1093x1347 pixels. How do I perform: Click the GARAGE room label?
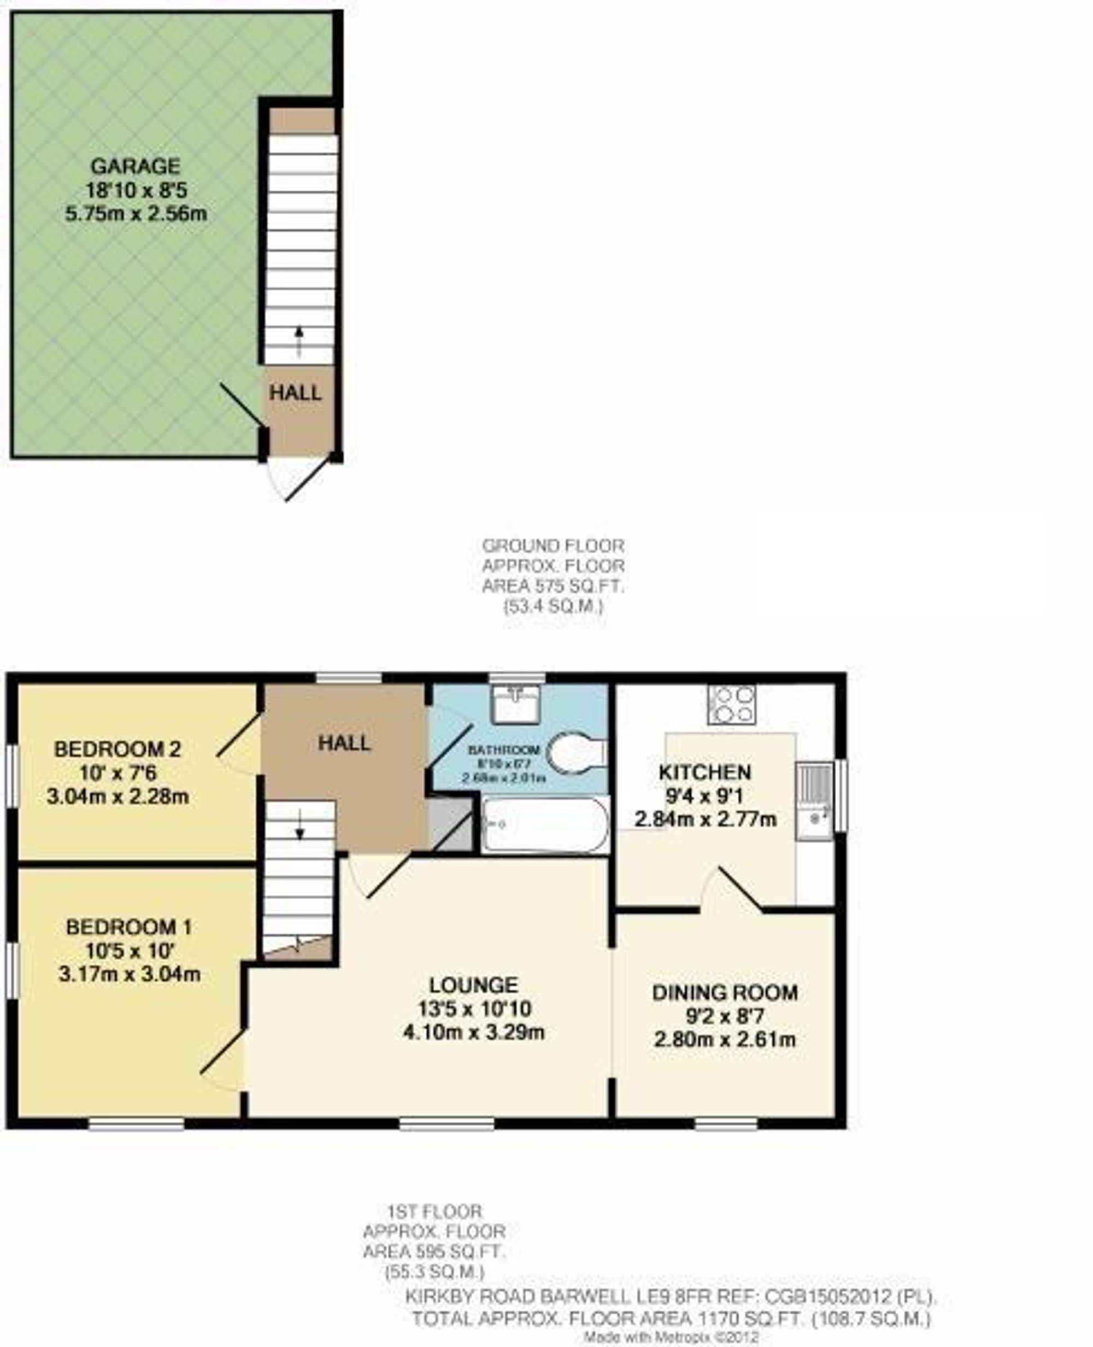136,166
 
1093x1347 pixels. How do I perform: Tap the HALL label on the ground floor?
295,394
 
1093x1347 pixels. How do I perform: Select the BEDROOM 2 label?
117,749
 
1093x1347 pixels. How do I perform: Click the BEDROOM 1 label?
129,927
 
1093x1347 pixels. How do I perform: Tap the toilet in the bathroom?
574,751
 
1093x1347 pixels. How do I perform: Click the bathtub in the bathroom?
545,824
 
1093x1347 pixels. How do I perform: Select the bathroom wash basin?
516,704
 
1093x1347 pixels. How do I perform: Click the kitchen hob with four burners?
732,704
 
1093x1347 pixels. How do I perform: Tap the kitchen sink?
815,801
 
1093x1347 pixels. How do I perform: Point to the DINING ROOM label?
725,993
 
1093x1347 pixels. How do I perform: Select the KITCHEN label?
704,772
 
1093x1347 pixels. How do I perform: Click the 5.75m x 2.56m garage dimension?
136,214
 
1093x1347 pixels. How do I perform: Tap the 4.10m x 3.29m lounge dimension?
473,1033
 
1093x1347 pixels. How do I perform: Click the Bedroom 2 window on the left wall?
12,776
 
